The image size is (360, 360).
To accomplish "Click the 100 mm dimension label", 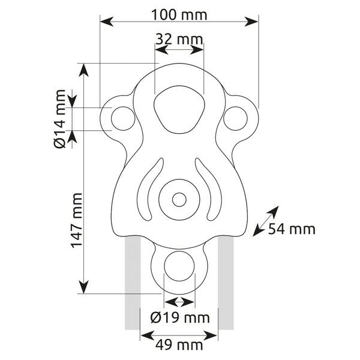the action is tap(179, 14).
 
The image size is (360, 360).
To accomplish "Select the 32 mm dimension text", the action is tap(179, 39).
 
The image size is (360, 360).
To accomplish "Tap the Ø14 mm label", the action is tap(59, 119).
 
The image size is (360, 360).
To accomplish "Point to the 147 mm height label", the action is tap(76, 220).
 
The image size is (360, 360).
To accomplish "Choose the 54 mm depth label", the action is tap(292, 229).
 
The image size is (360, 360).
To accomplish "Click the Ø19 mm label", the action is tap(180, 318).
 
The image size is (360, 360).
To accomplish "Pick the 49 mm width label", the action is tap(179, 345).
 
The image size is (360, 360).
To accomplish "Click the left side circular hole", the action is tap(123, 118).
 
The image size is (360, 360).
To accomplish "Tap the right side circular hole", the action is tap(235, 118).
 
